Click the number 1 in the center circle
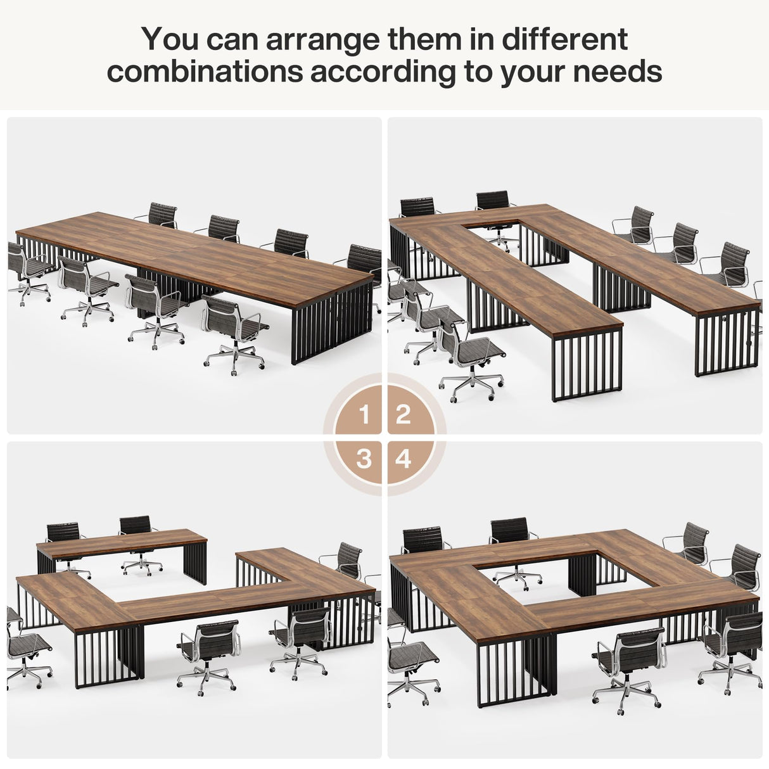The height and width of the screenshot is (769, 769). (364, 416)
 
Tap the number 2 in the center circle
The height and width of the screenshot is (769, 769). (404, 416)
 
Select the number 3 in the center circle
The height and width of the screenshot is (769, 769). (364, 459)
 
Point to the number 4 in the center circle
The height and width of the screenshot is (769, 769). (404, 459)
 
